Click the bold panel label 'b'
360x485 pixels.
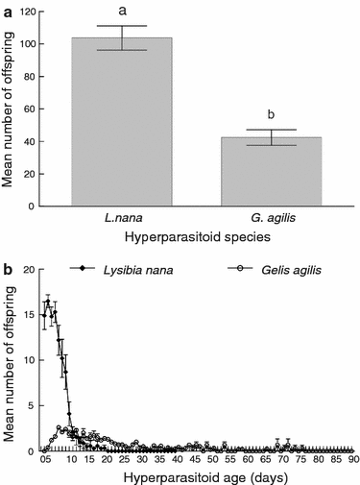(x=7, y=266)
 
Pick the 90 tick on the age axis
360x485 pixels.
(x=352, y=460)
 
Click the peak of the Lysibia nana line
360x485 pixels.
(x=49, y=302)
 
